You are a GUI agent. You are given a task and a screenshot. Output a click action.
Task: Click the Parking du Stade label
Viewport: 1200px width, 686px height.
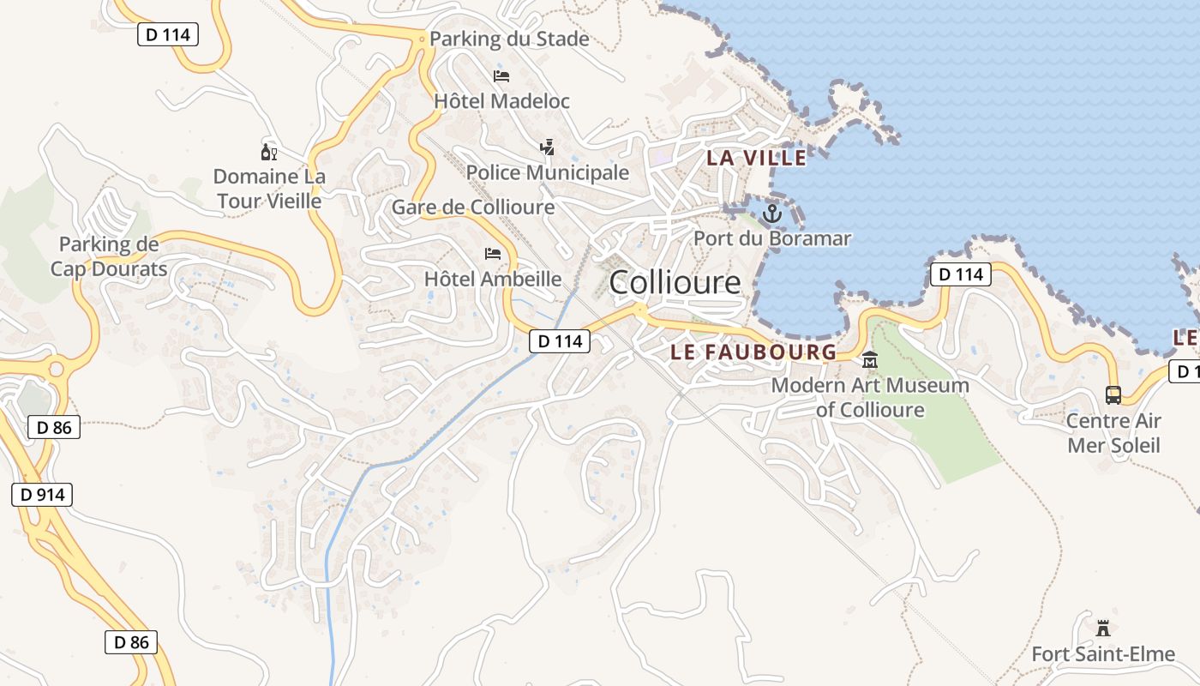(509, 39)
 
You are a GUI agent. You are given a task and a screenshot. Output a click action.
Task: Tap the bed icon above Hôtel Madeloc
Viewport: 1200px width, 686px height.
(501, 76)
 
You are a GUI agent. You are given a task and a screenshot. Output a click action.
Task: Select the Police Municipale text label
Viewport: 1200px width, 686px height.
(548, 172)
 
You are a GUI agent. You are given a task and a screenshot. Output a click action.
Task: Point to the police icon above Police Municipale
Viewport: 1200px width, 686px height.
(547, 147)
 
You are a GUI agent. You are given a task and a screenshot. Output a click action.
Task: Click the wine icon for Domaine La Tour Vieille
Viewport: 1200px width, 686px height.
(268, 153)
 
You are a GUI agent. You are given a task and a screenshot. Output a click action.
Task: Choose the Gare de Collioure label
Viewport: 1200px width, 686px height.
(473, 208)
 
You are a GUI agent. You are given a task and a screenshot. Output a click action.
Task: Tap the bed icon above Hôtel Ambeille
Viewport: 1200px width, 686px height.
(493, 254)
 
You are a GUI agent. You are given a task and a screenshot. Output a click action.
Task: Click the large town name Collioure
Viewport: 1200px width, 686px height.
(675, 282)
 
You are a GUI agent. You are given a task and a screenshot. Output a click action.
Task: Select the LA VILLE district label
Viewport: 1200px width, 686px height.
(756, 158)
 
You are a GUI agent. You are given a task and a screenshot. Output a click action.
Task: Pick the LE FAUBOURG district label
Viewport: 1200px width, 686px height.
(753, 352)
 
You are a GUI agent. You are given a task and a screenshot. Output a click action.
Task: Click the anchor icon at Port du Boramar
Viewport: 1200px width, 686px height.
(772, 213)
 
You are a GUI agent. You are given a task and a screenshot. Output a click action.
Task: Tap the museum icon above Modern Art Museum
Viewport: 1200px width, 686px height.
(870, 359)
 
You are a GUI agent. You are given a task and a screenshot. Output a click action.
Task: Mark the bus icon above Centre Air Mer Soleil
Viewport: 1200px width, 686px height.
(1113, 395)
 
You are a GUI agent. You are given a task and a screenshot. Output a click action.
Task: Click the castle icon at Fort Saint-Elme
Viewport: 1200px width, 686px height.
(1103, 629)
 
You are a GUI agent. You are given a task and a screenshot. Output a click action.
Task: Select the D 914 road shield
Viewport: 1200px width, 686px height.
(42, 495)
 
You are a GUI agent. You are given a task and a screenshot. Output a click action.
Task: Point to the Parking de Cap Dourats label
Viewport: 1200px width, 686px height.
(109, 256)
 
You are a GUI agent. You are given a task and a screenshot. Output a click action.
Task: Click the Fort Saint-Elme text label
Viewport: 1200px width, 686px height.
(1103, 654)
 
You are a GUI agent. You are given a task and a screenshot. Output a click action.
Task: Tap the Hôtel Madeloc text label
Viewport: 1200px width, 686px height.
(501, 101)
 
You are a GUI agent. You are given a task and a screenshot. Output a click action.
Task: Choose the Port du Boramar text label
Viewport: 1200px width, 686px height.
(772, 238)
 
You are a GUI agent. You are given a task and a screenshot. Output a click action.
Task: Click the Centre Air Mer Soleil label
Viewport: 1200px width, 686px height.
(1113, 433)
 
